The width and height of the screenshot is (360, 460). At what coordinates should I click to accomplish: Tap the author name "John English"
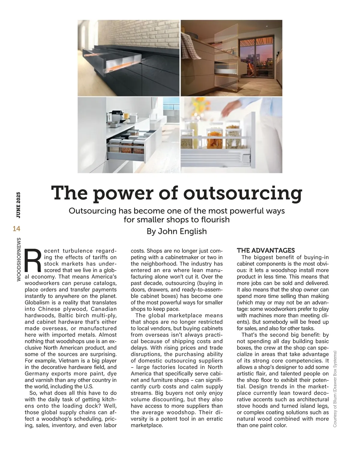point(182,231)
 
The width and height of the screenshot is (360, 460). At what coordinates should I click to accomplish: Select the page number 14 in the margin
point(16,229)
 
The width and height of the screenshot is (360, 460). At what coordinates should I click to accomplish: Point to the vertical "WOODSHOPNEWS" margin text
point(19,260)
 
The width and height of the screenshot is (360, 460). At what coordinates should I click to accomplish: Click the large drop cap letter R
point(34,259)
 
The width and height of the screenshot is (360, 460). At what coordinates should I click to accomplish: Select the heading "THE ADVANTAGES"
point(266,251)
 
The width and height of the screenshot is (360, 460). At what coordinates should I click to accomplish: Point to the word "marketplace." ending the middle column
point(147,425)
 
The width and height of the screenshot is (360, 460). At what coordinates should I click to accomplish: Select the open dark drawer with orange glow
point(120,61)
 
